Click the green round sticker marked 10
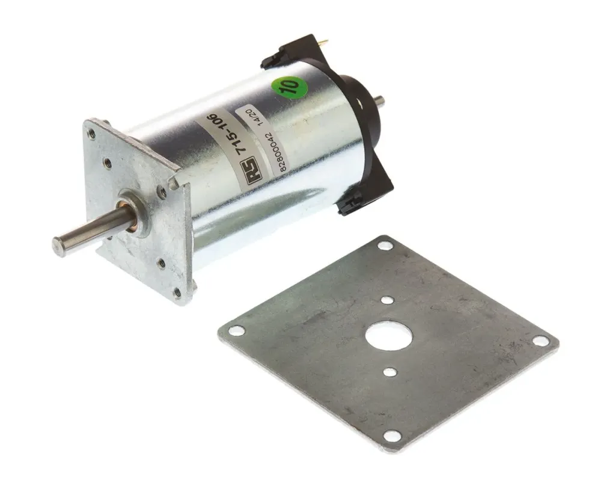[290, 87]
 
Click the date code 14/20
[254, 117]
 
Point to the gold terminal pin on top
[325, 42]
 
